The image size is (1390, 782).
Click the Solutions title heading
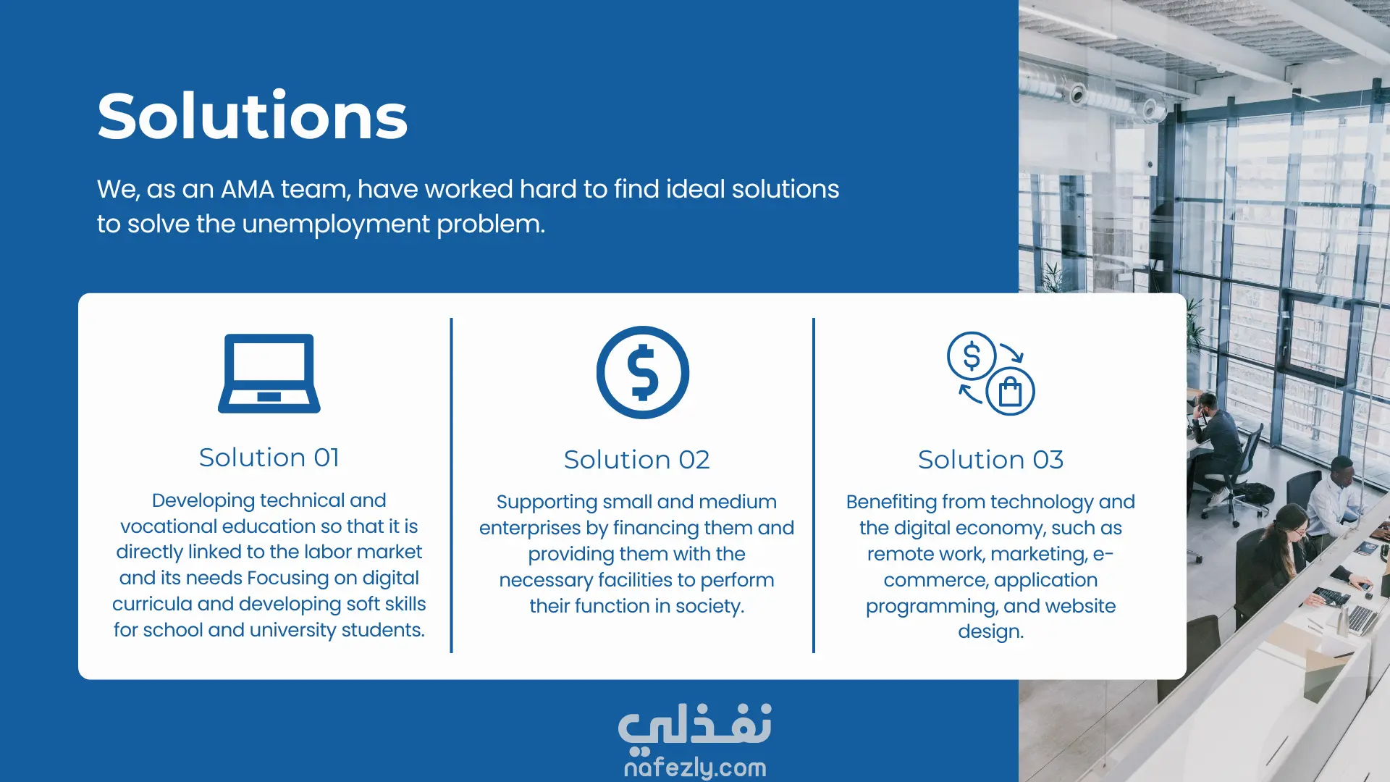[x=253, y=116]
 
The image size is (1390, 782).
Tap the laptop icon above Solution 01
[x=269, y=374]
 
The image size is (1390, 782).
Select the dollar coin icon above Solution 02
[x=643, y=372]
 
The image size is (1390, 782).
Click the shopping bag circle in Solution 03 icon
[x=1010, y=392]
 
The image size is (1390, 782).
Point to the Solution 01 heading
[x=269, y=458]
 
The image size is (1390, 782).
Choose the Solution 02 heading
[x=637, y=460]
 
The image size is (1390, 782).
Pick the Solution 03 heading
[x=991, y=460]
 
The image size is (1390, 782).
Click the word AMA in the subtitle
[x=248, y=189]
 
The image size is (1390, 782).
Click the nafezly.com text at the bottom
[x=695, y=767]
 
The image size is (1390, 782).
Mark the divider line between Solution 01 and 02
[x=451, y=485]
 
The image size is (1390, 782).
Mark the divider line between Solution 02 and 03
[x=814, y=485]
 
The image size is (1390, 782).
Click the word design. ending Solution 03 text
[x=991, y=632]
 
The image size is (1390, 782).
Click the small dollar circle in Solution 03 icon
[x=972, y=356]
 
